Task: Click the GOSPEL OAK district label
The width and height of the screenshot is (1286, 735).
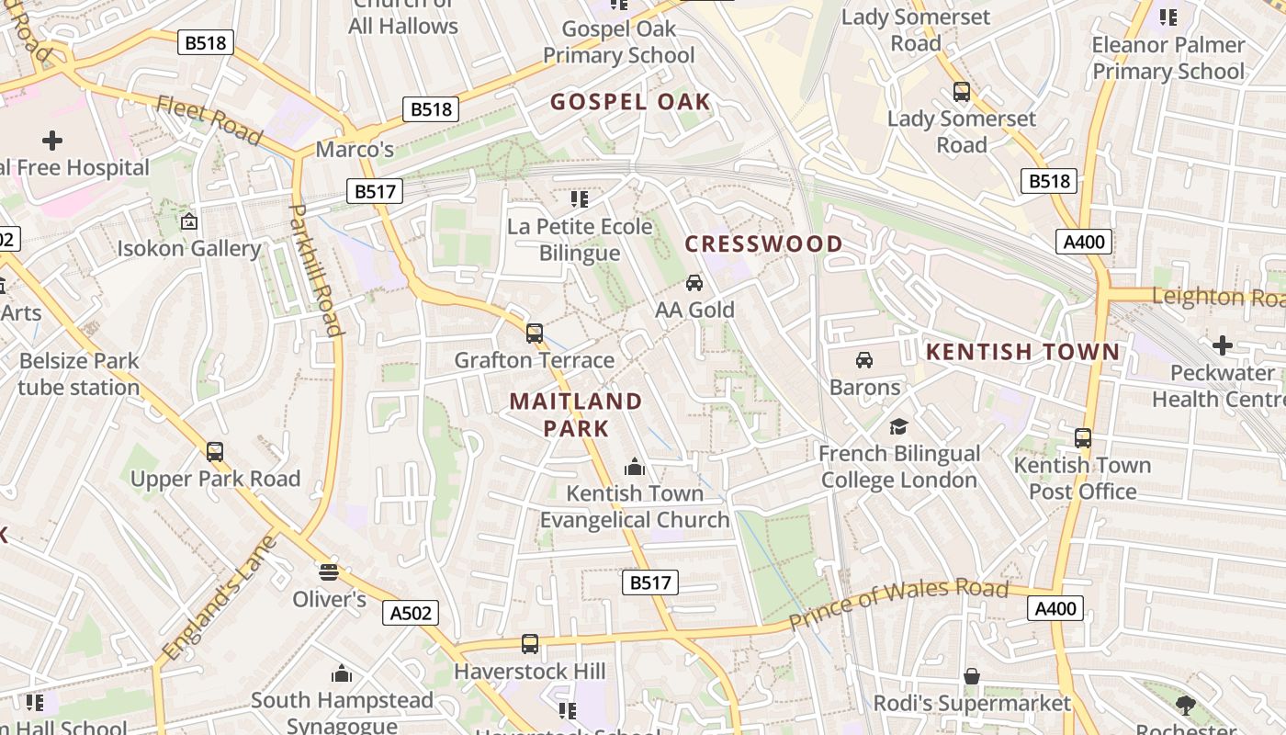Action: click(x=630, y=101)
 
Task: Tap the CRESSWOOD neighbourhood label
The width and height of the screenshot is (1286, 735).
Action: click(x=763, y=243)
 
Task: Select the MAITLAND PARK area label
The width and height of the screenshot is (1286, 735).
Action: click(x=576, y=414)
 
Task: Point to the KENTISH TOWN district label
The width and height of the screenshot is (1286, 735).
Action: click(x=1022, y=352)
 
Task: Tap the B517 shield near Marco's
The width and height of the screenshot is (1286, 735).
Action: click(x=375, y=191)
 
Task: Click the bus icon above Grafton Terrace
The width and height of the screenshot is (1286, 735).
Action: click(x=535, y=333)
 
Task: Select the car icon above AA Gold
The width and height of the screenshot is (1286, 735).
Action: click(x=694, y=282)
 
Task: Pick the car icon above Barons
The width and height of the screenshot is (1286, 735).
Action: click(x=864, y=359)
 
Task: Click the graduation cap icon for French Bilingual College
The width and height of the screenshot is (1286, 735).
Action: click(x=898, y=426)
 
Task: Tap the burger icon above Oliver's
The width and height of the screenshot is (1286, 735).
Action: click(x=329, y=572)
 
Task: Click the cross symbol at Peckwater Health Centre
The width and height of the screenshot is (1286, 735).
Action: click(x=1222, y=345)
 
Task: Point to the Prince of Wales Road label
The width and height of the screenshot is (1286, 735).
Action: click(x=898, y=605)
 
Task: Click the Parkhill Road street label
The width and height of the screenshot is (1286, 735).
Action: click(x=315, y=268)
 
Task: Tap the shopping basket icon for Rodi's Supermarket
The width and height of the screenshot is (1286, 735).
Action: click(x=972, y=676)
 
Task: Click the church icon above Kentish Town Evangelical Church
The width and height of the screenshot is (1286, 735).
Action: click(x=634, y=466)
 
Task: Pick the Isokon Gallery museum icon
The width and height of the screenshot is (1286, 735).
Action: click(x=188, y=221)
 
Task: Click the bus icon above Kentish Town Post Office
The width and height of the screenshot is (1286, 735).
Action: click(x=1083, y=437)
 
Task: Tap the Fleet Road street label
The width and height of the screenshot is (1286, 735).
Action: click(x=209, y=120)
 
